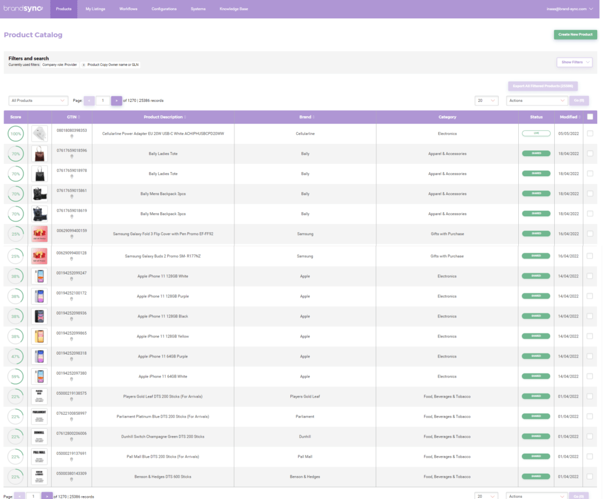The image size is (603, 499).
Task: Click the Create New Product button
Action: (x=575, y=35)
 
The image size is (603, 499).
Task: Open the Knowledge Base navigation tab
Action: (x=234, y=9)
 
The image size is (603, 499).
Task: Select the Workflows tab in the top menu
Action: (x=128, y=9)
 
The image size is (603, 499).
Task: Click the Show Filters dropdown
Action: (x=574, y=62)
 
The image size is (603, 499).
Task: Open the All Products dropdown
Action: (x=39, y=101)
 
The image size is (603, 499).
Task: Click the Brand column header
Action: (x=305, y=117)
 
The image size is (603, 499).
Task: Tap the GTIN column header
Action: (x=71, y=117)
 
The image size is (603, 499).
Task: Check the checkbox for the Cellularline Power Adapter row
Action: (x=590, y=134)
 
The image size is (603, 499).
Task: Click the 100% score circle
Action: (x=16, y=134)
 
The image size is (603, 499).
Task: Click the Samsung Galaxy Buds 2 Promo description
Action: (x=163, y=256)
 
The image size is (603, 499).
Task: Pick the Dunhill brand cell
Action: (x=305, y=437)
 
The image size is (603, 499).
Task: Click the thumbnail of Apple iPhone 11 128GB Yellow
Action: (x=39, y=336)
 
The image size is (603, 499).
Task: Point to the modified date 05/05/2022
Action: (x=568, y=134)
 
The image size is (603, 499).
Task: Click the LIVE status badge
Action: (x=536, y=134)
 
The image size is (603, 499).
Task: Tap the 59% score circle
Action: (x=16, y=376)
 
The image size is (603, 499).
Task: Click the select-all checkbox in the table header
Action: (x=590, y=117)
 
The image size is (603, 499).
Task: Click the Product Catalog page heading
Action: (x=33, y=35)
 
